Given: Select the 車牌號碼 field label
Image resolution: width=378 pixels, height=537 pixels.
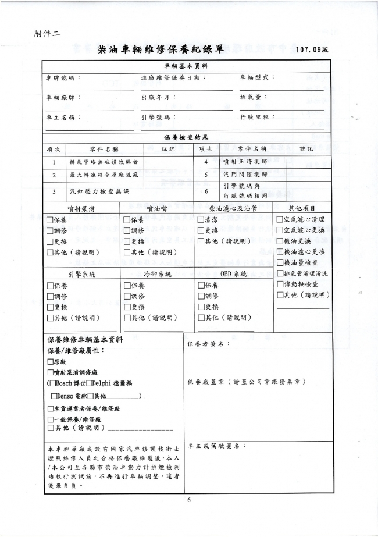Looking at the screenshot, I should [x=62, y=77].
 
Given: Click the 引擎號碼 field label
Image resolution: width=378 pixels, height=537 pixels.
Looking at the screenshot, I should [x=158, y=117].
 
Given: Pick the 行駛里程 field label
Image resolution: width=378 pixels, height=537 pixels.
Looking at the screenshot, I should [x=256, y=117].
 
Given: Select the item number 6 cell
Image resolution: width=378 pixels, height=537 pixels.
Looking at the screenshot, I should [x=206, y=191].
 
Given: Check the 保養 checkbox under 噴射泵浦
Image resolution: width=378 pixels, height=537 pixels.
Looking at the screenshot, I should [x=49, y=221].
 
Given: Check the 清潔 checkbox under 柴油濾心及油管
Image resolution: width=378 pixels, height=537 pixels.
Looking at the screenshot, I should [x=201, y=221].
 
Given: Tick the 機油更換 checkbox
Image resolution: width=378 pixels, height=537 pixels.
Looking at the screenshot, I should [x=280, y=241].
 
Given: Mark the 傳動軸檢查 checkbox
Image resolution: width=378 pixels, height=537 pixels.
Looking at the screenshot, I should [x=280, y=284].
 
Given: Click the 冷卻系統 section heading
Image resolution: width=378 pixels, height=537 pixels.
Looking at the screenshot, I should [x=157, y=273].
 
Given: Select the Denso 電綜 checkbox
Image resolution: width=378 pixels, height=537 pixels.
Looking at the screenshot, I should [x=54, y=396].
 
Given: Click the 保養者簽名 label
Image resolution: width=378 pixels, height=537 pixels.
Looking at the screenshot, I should [x=208, y=344].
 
